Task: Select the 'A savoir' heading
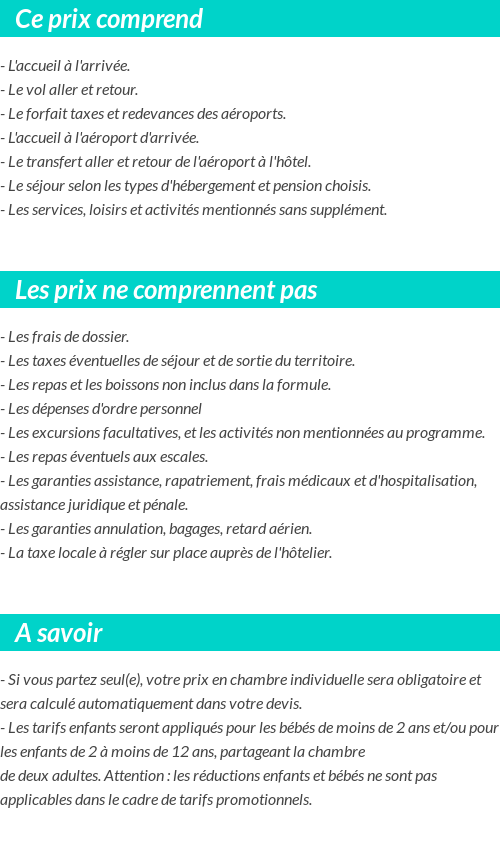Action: tap(59, 633)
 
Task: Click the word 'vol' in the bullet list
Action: tap(45, 89)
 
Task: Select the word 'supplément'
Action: tap(349, 209)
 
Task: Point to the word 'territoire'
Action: tap(320, 360)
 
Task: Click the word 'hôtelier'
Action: tap(301, 552)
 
